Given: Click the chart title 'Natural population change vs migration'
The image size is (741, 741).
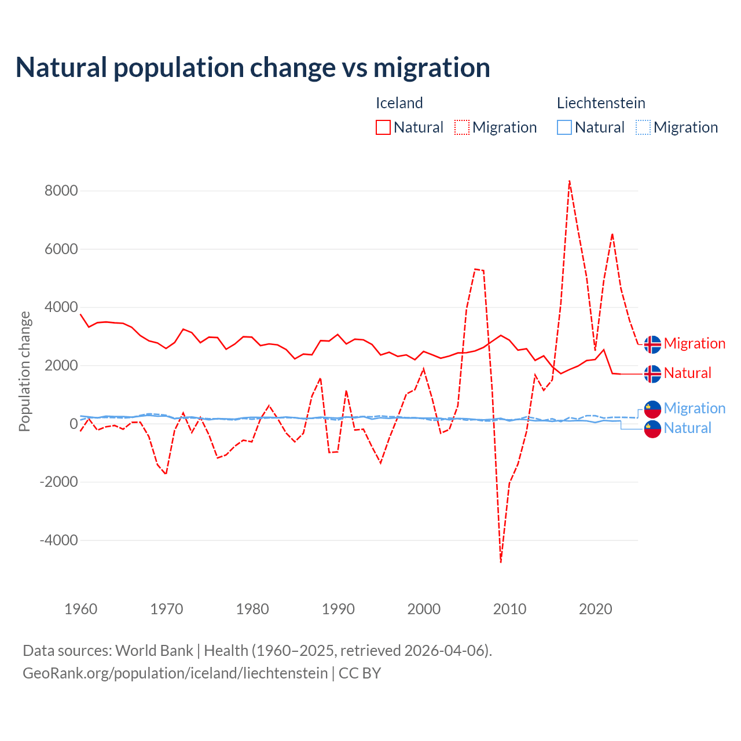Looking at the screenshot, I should (x=252, y=68).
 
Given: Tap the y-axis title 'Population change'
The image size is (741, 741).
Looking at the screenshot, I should (x=24, y=371).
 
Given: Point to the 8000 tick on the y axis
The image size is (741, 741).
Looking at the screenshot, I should (x=61, y=190).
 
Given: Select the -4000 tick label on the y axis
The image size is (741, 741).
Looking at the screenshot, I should (x=58, y=540).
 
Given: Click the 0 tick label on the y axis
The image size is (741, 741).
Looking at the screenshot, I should (x=73, y=424).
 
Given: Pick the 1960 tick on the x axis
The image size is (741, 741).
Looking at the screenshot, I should (x=81, y=609).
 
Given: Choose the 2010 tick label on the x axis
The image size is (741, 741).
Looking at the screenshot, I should (x=510, y=609).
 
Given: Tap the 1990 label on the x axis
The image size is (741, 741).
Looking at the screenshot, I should (x=339, y=609).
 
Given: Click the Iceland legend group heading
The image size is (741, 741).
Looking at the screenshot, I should (x=399, y=103).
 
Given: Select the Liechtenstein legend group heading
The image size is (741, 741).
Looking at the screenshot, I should (x=601, y=103).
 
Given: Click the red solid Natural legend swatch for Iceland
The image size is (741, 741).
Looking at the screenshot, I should (x=383, y=127).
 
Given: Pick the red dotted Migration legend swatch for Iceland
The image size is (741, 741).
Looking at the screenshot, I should (x=462, y=127).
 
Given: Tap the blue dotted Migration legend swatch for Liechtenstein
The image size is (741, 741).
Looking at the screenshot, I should (x=643, y=127).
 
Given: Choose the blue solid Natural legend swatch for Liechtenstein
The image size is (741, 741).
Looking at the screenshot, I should (x=564, y=127).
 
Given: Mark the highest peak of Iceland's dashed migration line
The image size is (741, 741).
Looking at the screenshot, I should (x=570, y=181).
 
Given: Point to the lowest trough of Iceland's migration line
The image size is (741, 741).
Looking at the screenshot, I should (x=501, y=562).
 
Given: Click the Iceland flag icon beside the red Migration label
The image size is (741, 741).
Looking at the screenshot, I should (x=652, y=344).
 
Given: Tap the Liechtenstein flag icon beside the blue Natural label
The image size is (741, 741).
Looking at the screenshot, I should (x=652, y=429).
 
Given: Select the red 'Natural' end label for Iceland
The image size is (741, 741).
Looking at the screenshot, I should (x=687, y=373).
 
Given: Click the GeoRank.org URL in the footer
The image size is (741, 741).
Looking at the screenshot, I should (x=175, y=673).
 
